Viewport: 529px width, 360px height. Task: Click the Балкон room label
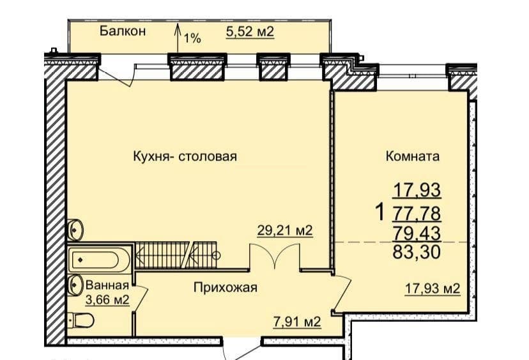pyautogui.click(x=123, y=31)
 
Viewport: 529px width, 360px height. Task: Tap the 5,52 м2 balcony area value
pyautogui.click(x=250, y=32)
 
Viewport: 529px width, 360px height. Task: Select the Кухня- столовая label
pyautogui.click(x=185, y=157)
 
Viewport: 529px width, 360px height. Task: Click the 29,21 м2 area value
pyautogui.click(x=285, y=231)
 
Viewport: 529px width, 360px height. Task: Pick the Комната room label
pyautogui.click(x=413, y=157)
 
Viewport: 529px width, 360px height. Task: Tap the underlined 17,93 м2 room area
pyautogui.click(x=433, y=289)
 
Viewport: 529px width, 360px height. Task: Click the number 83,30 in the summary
pyautogui.click(x=417, y=252)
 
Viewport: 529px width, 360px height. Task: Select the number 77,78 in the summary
pyautogui.click(x=417, y=214)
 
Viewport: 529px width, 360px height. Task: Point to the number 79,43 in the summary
pyautogui.click(x=417, y=233)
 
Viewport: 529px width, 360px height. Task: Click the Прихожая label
pyautogui.click(x=226, y=288)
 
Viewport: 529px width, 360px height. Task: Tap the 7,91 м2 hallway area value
pyautogui.click(x=296, y=322)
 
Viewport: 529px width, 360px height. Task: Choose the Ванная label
pyautogui.click(x=107, y=285)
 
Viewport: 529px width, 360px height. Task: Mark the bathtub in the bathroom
pyautogui.click(x=98, y=260)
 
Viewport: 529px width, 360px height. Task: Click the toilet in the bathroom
pyautogui.click(x=81, y=320)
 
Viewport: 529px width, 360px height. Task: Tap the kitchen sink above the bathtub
pyautogui.click(x=75, y=230)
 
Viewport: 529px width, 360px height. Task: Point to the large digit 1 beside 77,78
pyautogui.click(x=380, y=213)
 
